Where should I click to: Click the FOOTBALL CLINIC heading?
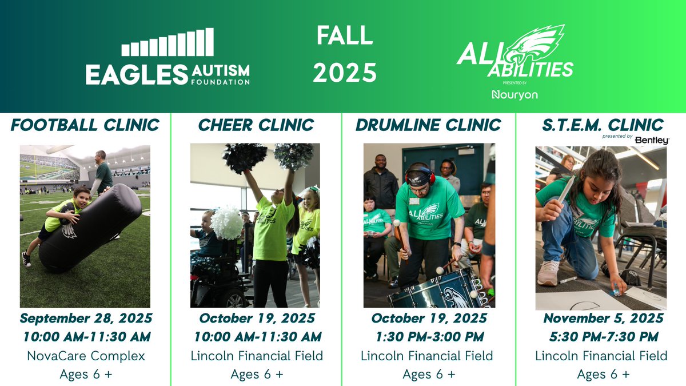[x=85, y=125]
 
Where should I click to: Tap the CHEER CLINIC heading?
[x=256, y=125]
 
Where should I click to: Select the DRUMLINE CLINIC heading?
[x=428, y=125]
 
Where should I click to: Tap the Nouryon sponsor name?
[x=514, y=94]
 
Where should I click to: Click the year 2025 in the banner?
[x=345, y=73]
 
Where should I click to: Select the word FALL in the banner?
[x=345, y=37]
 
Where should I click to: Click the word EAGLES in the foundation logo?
[x=137, y=75]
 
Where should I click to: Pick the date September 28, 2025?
[x=85, y=318]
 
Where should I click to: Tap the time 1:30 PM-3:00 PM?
[x=428, y=337]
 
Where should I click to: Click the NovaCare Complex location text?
[x=85, y=356]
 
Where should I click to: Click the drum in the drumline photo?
[x=434, y=292]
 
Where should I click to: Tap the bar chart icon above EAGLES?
[x=167, y=43]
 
